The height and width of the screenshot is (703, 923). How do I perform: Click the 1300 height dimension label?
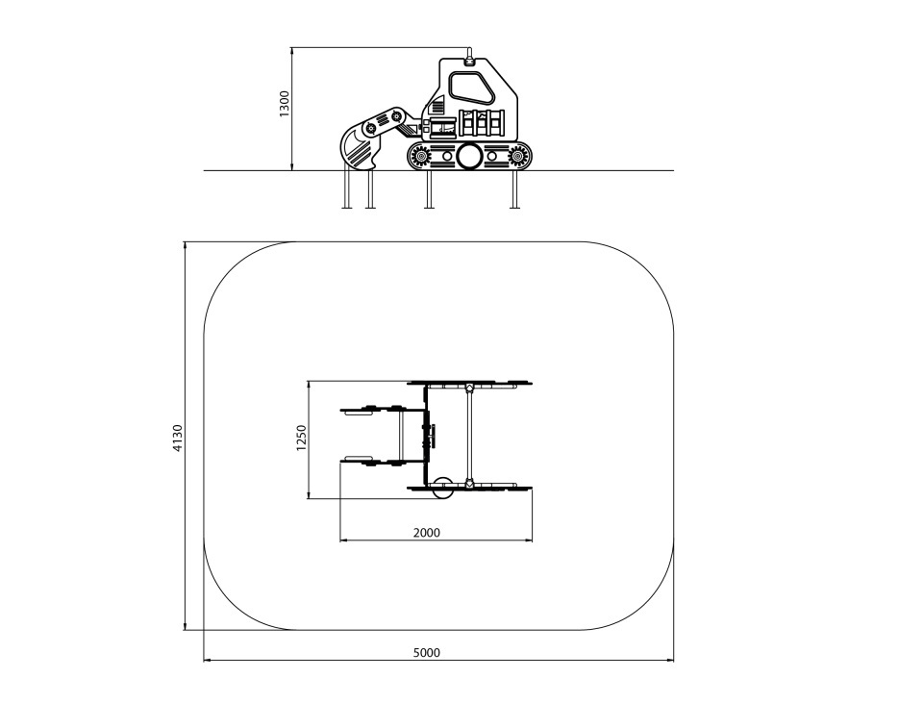[285, 104]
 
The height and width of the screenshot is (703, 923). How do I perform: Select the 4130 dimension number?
[179, 438]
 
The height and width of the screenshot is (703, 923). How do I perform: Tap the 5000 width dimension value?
[427, 652]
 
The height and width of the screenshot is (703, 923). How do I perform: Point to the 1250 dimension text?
[301, 438]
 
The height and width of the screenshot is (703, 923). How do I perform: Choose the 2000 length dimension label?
[427, 533]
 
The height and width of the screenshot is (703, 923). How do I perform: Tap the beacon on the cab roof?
[469, 59]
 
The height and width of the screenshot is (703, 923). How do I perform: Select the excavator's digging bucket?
[359, 149]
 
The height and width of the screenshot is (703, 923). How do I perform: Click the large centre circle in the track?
[470, 156]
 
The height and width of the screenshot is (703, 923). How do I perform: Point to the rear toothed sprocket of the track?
[517, 156]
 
